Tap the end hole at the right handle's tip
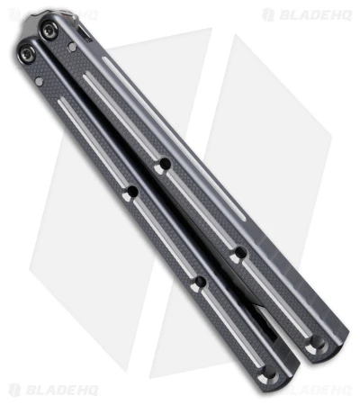(314, 343)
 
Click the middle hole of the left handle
(199, 283)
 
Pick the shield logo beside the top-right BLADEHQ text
(268, 14)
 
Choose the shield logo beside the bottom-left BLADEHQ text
(13, 391)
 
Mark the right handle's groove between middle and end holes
(274, 297)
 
